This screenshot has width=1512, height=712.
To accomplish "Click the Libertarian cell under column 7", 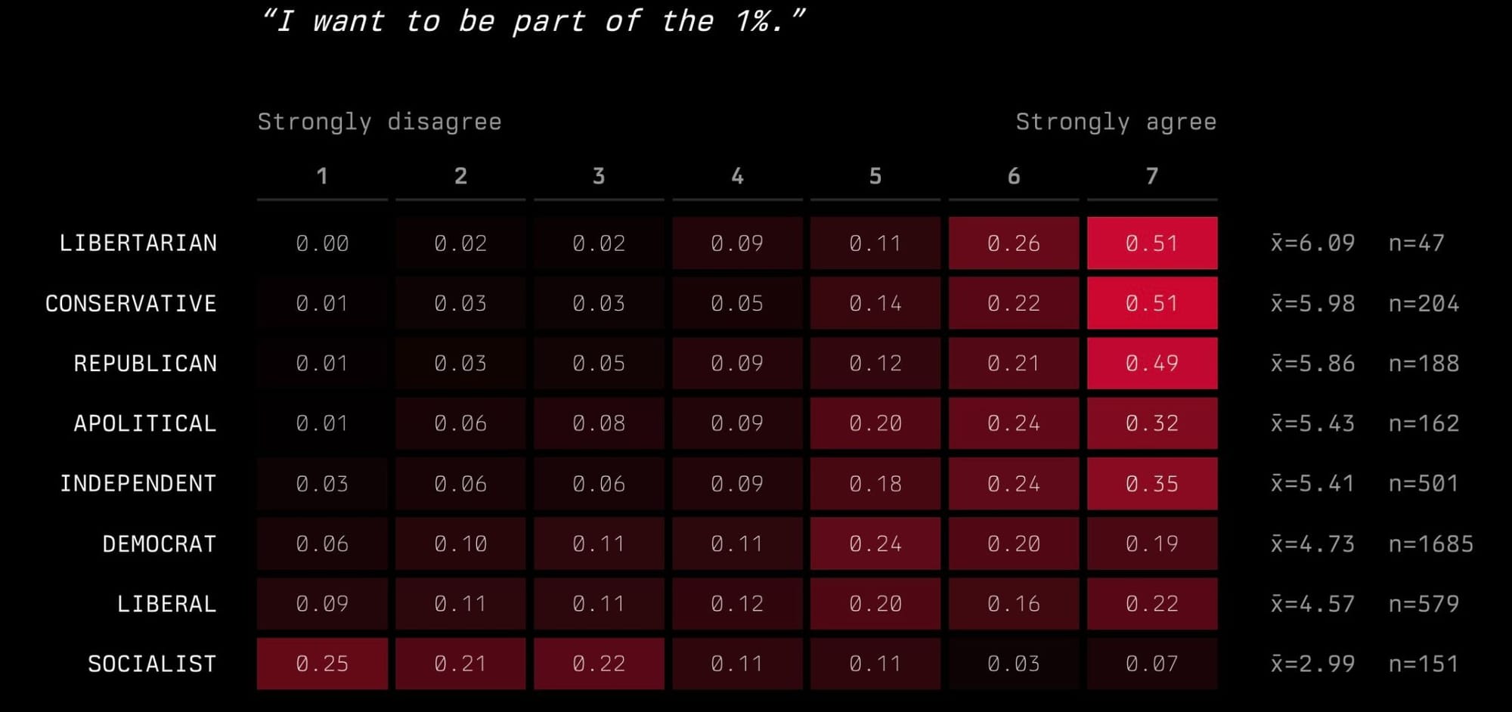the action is coord(1152,243).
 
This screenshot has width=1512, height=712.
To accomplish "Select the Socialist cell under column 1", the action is coord(322,664).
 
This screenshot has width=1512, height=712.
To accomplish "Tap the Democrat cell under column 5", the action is coord(875,543).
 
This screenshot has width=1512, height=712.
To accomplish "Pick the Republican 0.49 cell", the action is coord(1152,364).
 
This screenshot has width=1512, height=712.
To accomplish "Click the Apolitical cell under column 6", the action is coord(1014,423).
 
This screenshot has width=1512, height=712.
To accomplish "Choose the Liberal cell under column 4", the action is coord(737,604).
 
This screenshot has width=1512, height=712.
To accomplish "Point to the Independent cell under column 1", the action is coord(322,484).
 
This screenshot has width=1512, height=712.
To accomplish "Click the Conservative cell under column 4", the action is coord(737,303).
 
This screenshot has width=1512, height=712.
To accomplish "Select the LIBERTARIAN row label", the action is coord(138,243).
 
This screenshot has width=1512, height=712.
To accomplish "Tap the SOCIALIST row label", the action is coord(152,664).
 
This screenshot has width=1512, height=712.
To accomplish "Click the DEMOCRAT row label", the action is coord(160,543).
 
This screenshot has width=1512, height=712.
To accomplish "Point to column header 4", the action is coord(737,176).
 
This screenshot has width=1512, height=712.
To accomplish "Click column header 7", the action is coord(1152,176).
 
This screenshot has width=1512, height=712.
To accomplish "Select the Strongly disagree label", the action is coord(380,122).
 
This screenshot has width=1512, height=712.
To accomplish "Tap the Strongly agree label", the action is coord(1116,122).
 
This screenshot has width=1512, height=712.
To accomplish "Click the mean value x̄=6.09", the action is coord(1313,243).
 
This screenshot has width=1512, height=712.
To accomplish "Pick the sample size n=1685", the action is coord(1431,543).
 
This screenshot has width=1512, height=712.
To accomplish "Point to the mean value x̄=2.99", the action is coord(1313,664).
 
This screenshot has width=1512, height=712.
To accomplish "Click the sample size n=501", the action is coord(1424,484).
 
